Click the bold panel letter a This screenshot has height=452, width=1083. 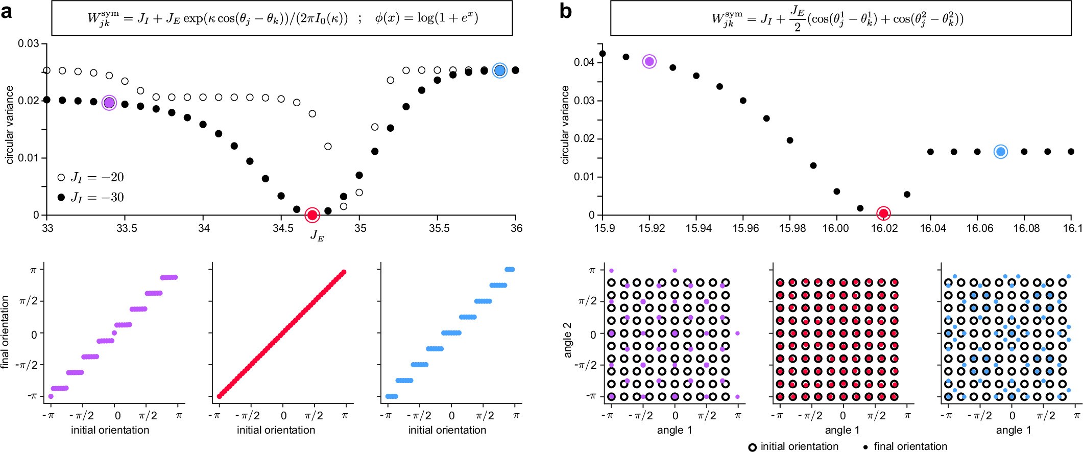coord(7,11)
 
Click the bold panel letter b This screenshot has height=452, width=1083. coord(565,11)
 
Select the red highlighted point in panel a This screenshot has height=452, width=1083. coord(312,215)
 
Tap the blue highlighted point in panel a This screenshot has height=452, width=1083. coord(500,70)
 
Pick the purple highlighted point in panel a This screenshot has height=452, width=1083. coord(109,103)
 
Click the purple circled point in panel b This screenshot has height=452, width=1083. coord(649,62)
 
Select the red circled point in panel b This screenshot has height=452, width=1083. coord(883,213)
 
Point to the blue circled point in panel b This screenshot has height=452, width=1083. coord(1001,152)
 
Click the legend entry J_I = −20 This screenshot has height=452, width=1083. coord(91,177)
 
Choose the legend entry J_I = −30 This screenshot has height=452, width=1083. coord(91,197)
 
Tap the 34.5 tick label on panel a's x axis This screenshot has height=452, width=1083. coord(282,228)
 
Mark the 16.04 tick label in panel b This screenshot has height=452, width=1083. coord(932,228)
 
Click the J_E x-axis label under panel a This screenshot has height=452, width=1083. coord(317,236)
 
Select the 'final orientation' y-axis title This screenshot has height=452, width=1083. coord(6,332)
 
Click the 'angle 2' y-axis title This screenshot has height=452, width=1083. coord(568,340)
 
